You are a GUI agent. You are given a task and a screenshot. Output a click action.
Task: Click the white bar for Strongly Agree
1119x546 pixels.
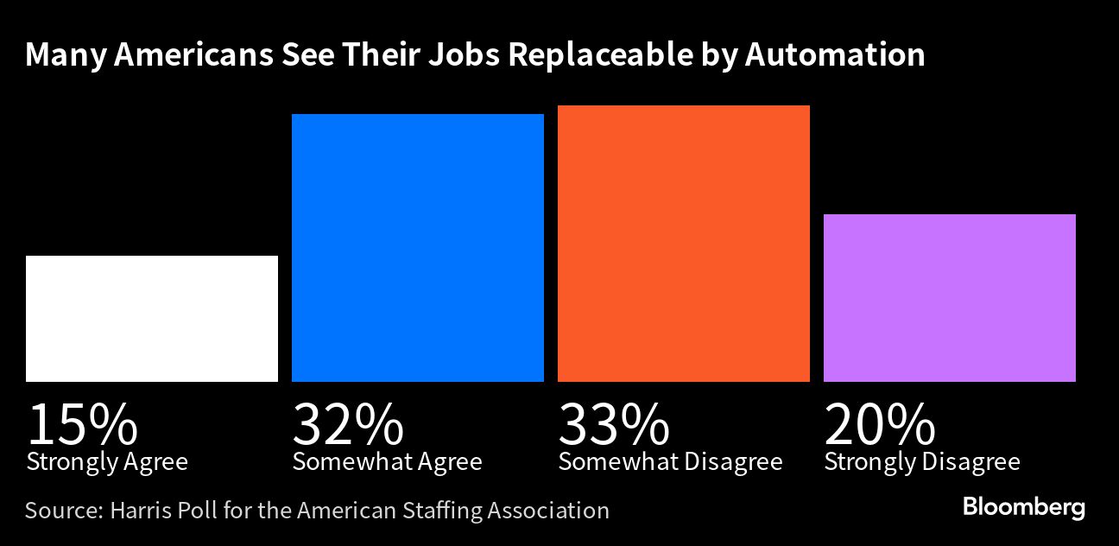point(152,319)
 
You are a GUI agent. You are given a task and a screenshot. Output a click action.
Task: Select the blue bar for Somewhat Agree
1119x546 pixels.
point(418,248)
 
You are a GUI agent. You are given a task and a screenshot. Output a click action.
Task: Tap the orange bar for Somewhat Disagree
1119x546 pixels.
point(684,244)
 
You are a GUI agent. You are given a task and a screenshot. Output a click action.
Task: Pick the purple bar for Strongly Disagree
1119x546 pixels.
point(950,298)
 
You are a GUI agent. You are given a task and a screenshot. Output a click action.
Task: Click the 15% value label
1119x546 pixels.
point(82,423)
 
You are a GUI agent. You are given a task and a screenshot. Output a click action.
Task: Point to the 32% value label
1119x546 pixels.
point(348,423)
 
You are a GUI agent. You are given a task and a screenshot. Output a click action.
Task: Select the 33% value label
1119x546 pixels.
point(614,423)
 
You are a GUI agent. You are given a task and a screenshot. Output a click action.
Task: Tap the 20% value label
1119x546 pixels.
point(880,423)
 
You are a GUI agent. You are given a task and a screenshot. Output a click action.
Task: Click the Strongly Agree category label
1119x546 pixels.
point(107,462)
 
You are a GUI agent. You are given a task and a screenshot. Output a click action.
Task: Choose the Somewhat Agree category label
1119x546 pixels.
point(387,462)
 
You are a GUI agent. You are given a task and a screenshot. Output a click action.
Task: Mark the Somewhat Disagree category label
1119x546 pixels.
point(670,462)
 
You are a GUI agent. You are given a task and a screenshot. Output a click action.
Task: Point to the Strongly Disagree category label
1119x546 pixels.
point(922,462)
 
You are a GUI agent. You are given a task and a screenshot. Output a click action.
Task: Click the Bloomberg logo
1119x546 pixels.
point(1024,507)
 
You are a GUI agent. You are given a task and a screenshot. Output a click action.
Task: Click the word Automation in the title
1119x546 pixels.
point(835,54)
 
